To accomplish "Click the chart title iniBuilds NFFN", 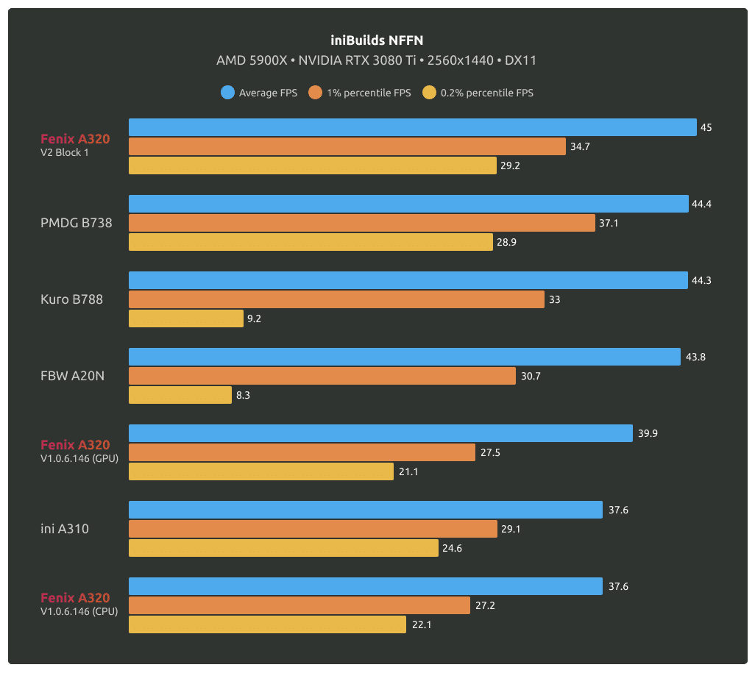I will [377, 40].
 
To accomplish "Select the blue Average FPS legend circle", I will [227, 93].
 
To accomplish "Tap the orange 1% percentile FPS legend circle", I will [316, 93].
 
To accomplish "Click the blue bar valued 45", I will [412, 127].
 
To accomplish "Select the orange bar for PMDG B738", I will [361, 223].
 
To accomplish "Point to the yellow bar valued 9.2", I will [185, 318].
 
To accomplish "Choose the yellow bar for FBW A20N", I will [180, 395].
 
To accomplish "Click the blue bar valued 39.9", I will [380, 433].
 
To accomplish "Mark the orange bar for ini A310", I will [313, 529].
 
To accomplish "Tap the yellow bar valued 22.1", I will [267, 624].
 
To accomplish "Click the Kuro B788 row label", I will [71, 299].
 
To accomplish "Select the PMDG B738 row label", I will [77, 223].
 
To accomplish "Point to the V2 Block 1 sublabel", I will [65, 153].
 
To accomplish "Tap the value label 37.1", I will [609, 223].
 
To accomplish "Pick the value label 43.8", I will [695, 357].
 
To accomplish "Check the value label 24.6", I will [453, 548].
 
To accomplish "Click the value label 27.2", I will [485, 605].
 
